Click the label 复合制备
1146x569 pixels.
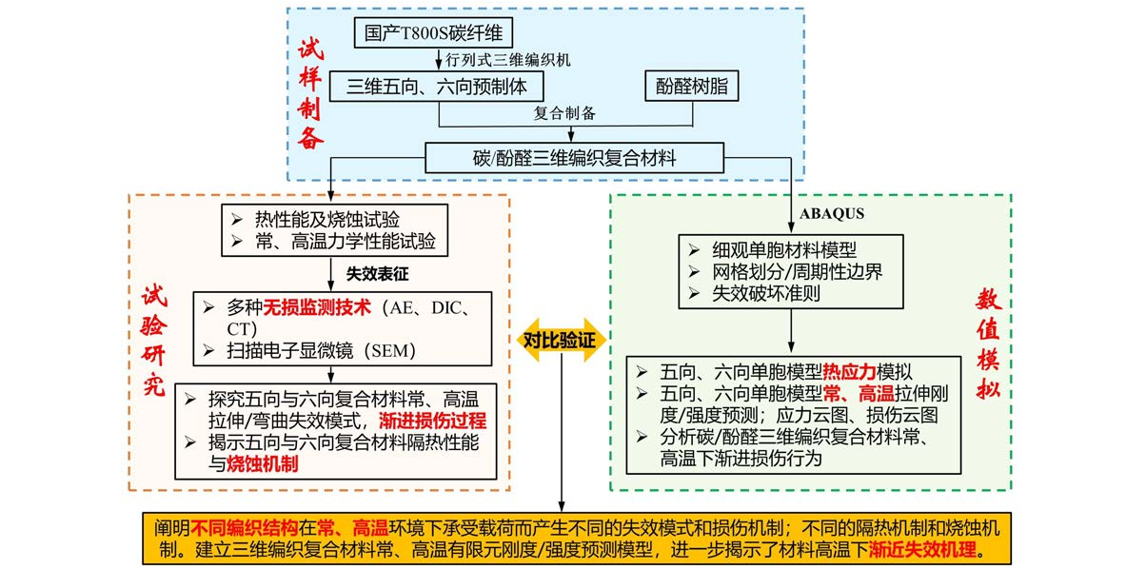(564, 113)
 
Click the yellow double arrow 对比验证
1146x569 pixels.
(559, 338)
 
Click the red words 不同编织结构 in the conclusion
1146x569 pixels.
(245, 526)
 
